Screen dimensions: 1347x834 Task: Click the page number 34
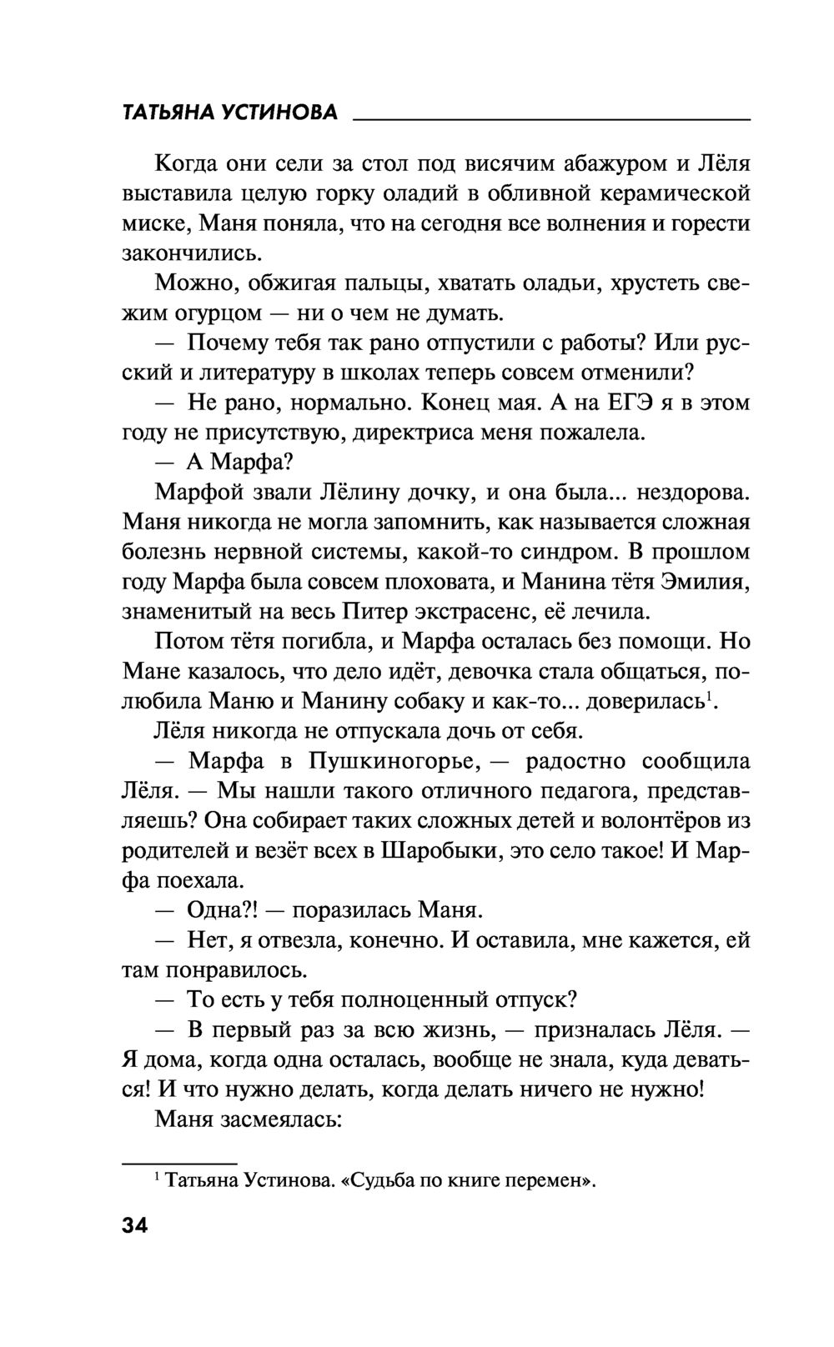coord(134,1226)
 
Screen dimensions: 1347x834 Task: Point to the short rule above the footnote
coord(179,1161)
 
